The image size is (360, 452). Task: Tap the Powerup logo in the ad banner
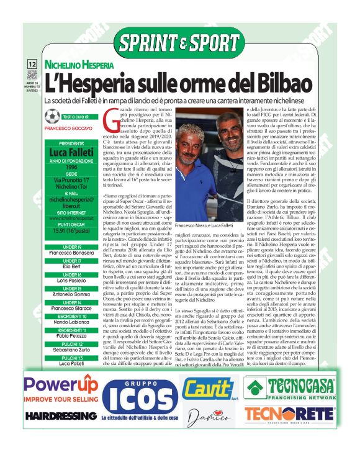click(x=61, y=387)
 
